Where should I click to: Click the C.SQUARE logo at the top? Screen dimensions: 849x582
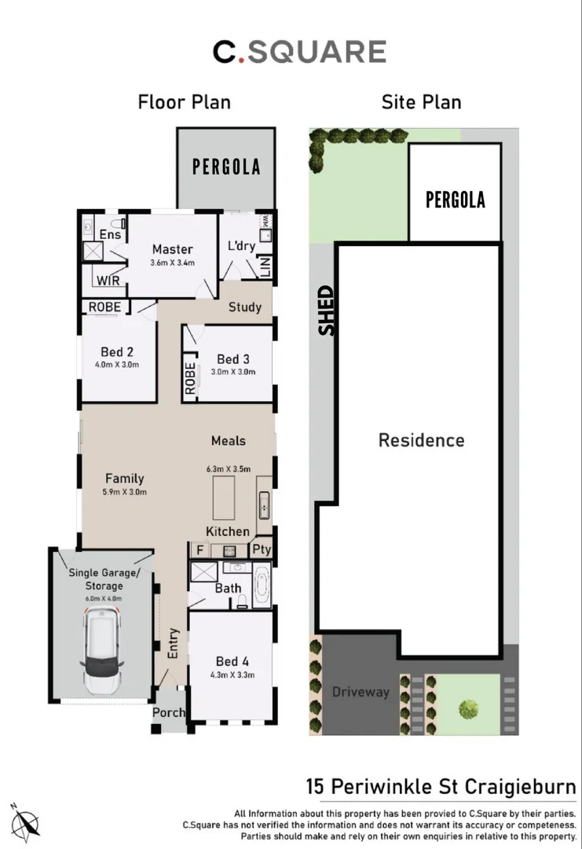(299, 52)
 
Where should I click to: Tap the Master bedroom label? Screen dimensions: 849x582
(173, 249)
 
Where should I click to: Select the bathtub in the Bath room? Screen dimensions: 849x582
(261, 585)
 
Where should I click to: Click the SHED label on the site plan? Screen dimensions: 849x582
(326, 311)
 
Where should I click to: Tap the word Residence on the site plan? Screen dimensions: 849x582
(421, 440)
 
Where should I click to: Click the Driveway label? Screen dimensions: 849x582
(361, 692)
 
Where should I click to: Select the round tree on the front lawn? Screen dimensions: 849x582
(469, 709)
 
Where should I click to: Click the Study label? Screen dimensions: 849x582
(244, 307)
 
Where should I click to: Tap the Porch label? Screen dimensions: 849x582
(169, 713)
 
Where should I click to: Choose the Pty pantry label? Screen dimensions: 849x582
(261, 550)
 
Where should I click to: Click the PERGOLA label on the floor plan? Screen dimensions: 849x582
(226, 167)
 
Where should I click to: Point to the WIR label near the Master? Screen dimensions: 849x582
(108, 281)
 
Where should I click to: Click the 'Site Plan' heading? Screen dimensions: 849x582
(421, 102)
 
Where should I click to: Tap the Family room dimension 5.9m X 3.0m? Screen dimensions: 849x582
(126, 492)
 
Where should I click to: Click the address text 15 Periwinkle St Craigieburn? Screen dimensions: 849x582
(441, 787)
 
